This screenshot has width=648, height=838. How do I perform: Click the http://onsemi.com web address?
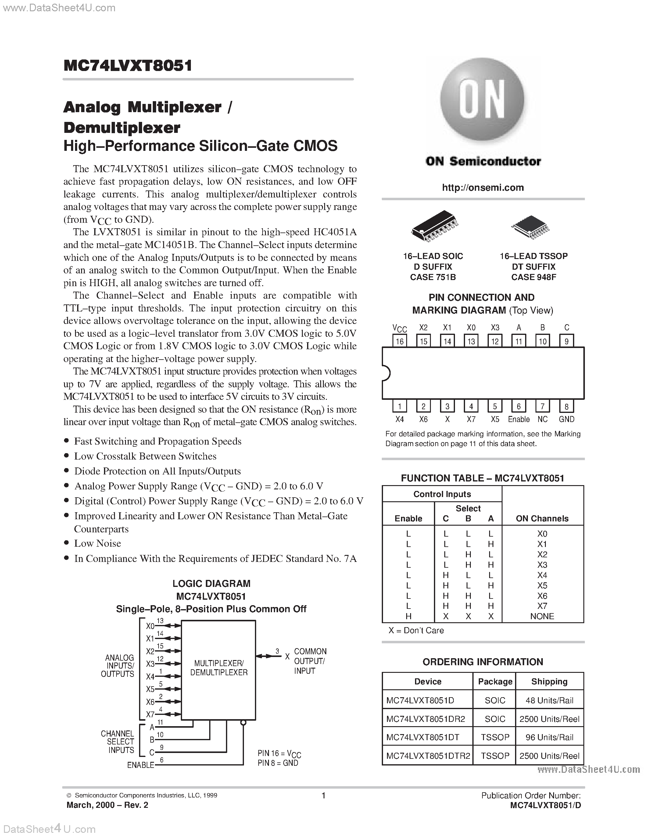pyautogui.click(x=482, y=188)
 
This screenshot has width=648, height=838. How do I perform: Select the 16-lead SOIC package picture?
pyautogui.click(x=434, y=226)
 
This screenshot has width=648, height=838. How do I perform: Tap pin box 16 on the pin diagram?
pyautogui.click(x=400, y=341)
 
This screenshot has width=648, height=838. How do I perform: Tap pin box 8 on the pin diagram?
pyautogui.click(x=566, y=406)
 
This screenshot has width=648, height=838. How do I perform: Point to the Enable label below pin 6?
pyautogui.click(x=519, y=419)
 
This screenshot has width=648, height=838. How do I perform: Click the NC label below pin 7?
pyautogui.click(x=542, y=419)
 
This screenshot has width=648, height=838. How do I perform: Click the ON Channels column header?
pyautogui.click(x=542, y=518)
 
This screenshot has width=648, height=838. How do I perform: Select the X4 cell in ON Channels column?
pyautogui.click(x=542, y=575)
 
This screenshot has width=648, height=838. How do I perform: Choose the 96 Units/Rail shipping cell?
pyautogui.click(x=549, y=737)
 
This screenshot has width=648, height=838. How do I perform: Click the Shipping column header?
pyautogui.click(x=549, y=681)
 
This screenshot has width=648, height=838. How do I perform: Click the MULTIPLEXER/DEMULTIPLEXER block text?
pyautogui.click(x=219, y=668)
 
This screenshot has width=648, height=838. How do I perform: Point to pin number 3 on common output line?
pyautogui.click(x=277, y=651)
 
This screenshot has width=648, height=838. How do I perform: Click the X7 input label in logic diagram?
pyautogui.click(x=150, y=715)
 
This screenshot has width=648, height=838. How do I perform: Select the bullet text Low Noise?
pyautogui.click(x=98, y=543)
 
